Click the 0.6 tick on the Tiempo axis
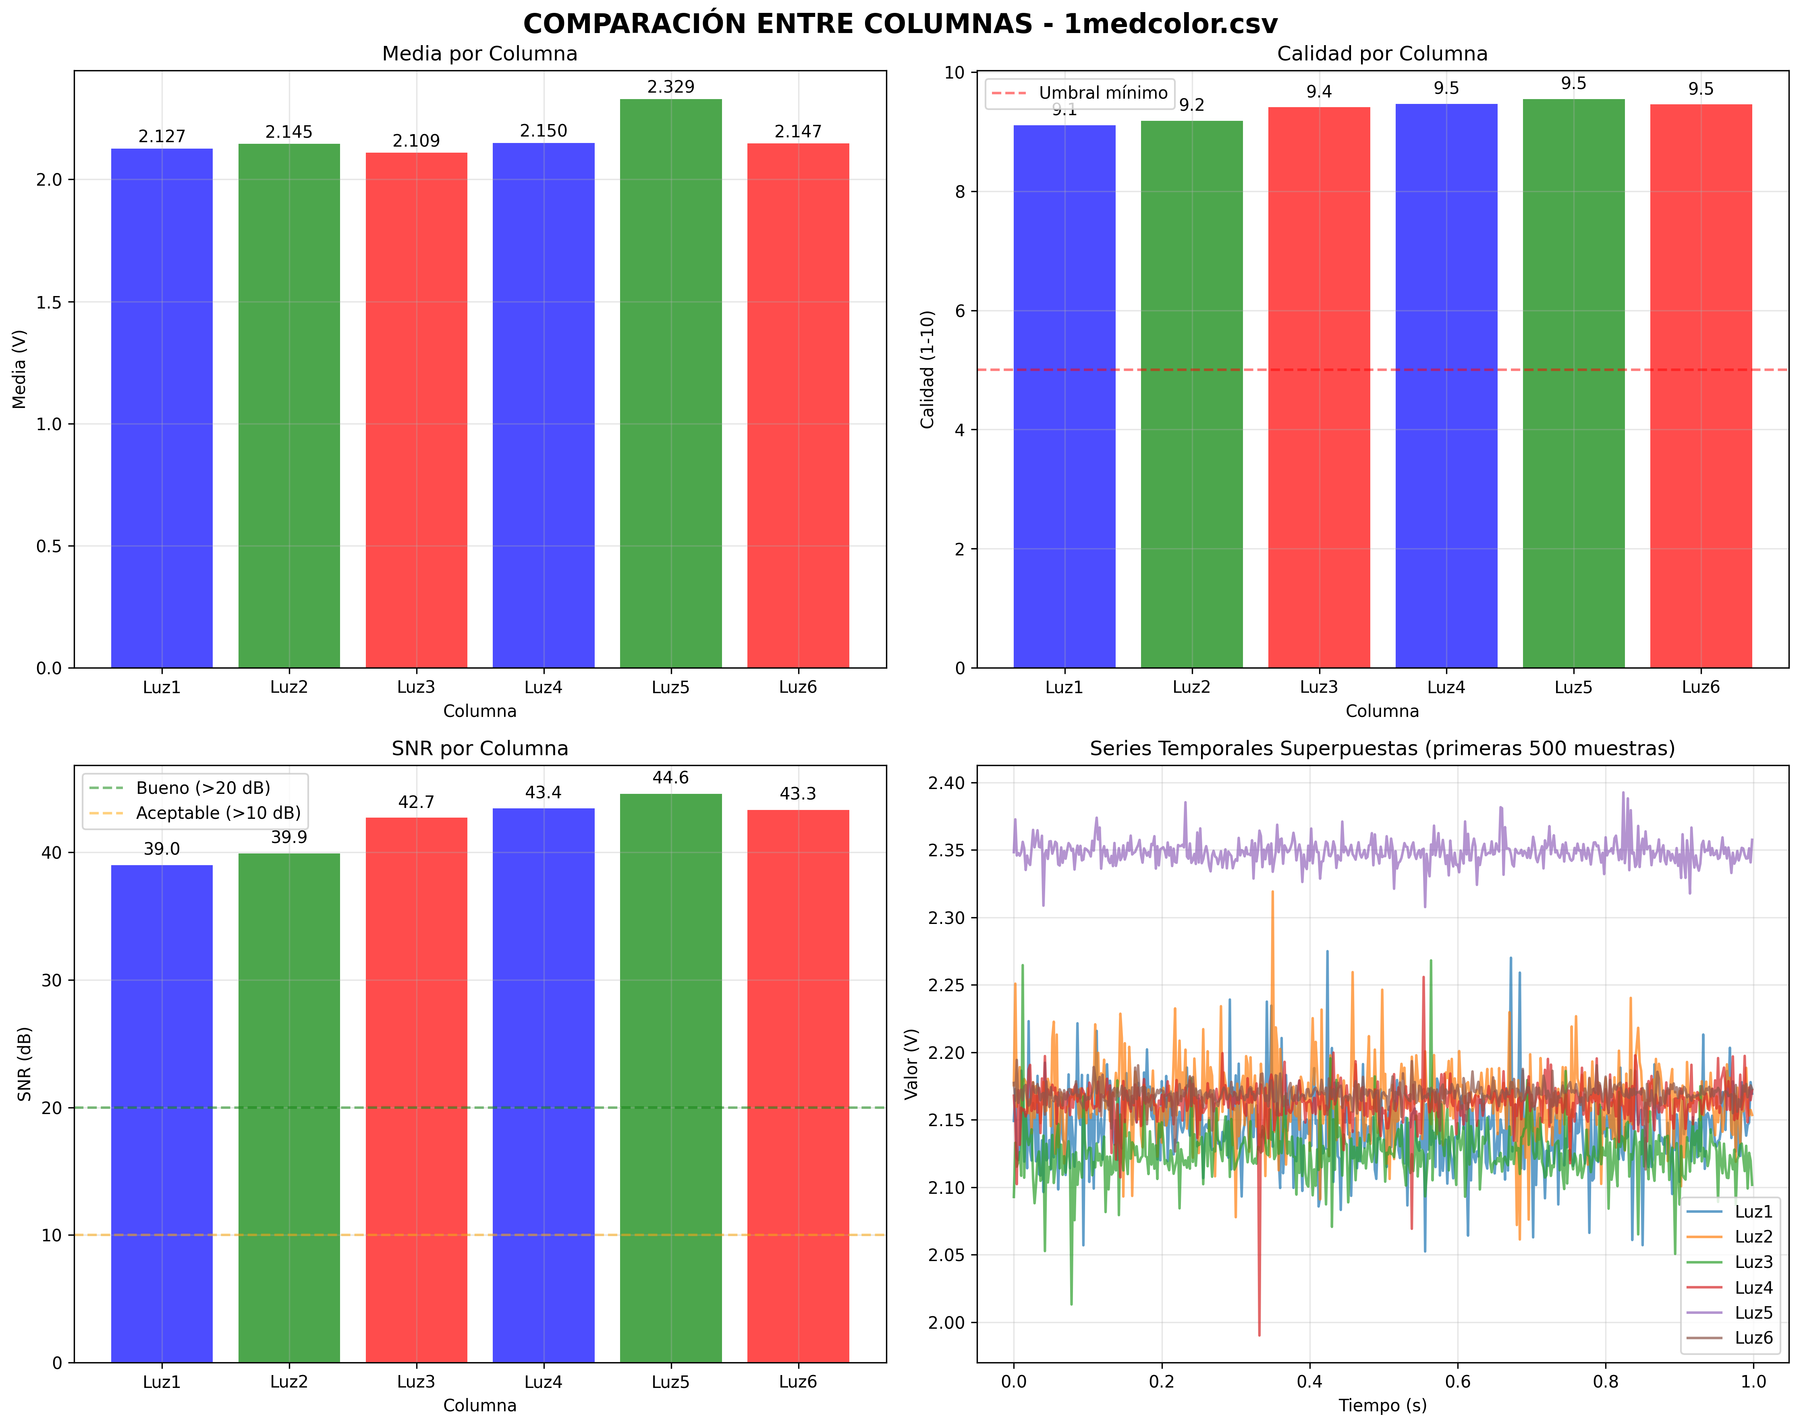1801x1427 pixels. point(1458,1382)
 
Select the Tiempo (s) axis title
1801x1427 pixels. point(1382,1405)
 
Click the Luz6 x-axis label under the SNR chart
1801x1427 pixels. point(798,1382)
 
